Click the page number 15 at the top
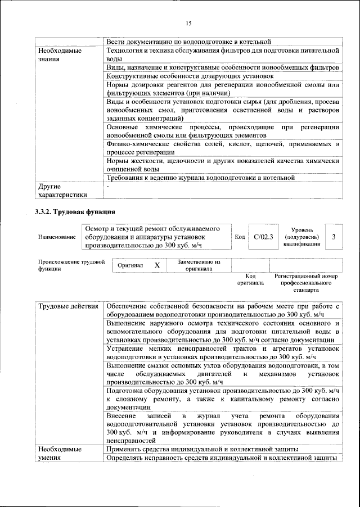[x=188, y=23]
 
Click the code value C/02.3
[x=263, y=237]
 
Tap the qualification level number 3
[x=334, y=237]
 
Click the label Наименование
[x=57, y=238]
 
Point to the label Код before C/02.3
[x=240, y=238]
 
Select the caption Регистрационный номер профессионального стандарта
[x=305, y=283]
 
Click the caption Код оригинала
[x=250, y=279]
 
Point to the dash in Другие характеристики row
[x=108, y=187]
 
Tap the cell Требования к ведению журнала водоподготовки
[x=201, y=178]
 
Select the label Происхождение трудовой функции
[x=71, y=265]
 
